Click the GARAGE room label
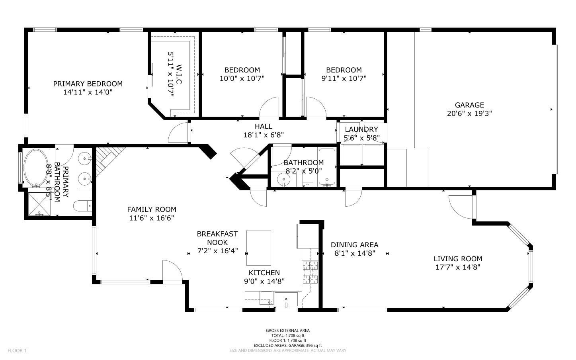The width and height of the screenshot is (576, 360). (469, 105)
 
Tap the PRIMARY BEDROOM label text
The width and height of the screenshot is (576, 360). (88, 84)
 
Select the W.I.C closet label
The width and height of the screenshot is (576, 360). (179, 74)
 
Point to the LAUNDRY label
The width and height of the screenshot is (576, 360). (361, 129)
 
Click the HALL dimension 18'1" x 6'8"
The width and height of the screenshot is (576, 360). (264, 135)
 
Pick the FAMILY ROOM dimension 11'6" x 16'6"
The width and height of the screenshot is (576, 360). (151, 218)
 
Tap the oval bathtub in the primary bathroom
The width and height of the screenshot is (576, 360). (36, 168)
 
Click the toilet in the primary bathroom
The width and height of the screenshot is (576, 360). (82, 205)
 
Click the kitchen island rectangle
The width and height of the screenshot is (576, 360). (258, 248)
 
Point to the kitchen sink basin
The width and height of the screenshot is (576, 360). (286, 299)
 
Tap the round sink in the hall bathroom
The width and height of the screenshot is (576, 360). (283, 179)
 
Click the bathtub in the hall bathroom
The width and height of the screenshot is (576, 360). (327, 167)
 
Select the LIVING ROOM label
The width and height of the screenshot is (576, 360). (458, 258)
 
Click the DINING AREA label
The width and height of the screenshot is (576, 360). (354, 245)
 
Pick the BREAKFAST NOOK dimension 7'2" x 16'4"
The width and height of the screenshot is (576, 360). (217, 250)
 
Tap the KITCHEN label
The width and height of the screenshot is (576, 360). (264, 272)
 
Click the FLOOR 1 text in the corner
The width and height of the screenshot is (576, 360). (17, 350)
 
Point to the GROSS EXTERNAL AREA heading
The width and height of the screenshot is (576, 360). (288, 331)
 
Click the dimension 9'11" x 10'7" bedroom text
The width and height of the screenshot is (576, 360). (344, 78)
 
